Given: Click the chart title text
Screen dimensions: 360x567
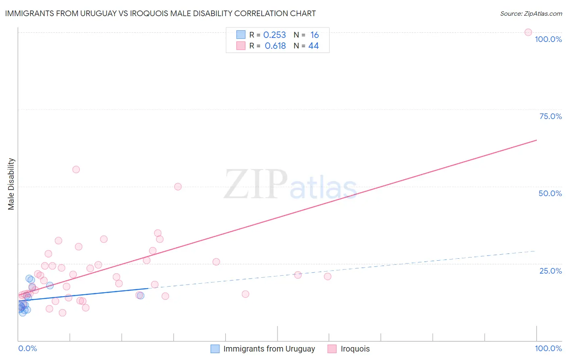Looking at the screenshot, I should pos(160,13).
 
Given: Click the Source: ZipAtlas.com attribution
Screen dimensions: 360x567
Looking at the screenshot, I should pos(531,13).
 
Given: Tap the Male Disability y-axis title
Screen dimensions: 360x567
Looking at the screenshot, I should pos(11,184).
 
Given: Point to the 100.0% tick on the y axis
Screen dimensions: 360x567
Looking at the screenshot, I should pos(548,39).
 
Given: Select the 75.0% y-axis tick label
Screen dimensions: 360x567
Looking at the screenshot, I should pos(550,116).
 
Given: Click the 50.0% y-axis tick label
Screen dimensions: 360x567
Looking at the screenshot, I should pos(550,193).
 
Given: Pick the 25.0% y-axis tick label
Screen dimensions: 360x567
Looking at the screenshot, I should pos(550,270).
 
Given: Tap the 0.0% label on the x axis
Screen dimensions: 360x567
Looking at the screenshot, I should pos(27,348).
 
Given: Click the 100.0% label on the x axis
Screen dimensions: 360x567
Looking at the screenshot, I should pos(548,348).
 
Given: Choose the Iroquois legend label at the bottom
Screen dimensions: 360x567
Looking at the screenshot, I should pos(355,349).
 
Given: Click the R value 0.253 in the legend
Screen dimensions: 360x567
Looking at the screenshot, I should pos(274,35).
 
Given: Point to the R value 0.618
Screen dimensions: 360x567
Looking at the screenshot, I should pos(275,46).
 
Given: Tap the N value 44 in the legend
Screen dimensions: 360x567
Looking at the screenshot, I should pos(313,46).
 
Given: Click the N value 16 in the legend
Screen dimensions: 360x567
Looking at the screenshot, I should pos(315,35).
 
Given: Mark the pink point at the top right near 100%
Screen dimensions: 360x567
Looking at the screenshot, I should pos(528,32).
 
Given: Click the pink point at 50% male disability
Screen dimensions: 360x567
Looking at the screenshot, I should pos(178,186).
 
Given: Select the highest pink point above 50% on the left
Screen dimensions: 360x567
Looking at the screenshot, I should pos(76,170).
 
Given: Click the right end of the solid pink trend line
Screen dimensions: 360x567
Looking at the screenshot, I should pos(536,140).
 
